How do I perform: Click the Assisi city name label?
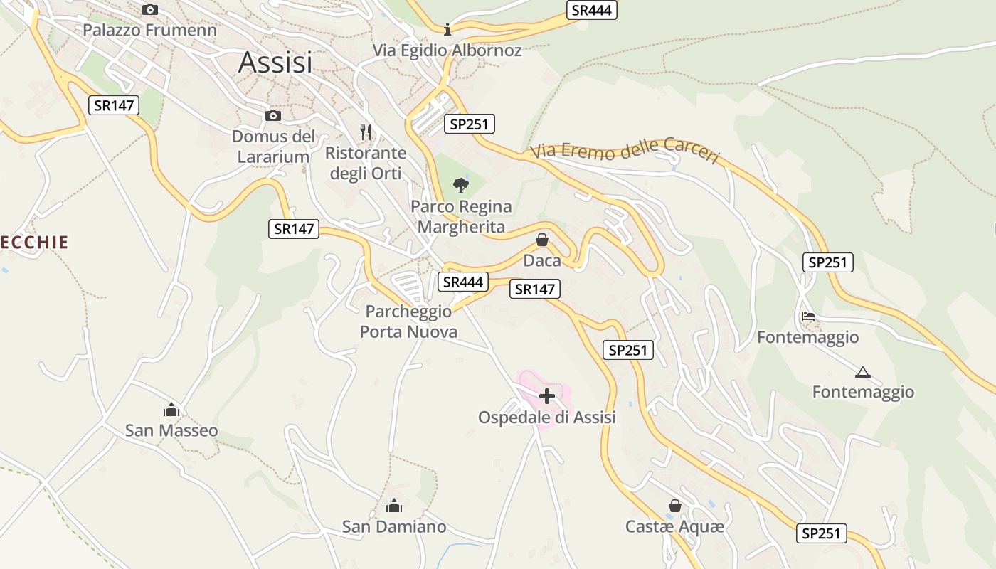(275, 63)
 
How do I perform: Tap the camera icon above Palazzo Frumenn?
(149, 9)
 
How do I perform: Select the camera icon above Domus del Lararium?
(272, 115)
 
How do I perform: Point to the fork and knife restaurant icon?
(366, 132)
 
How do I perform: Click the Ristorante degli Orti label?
(366, 163)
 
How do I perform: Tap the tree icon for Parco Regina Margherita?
(461, 186)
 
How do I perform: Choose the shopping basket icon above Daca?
(542, 240)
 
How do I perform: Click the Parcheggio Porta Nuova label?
(408, 321)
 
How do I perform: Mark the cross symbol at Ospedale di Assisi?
(547, 396)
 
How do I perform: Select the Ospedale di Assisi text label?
(546, 418)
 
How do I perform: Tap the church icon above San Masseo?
(171, 410)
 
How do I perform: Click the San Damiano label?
(394, 527)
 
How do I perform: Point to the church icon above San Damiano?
(393, 506)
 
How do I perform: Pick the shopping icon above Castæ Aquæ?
(674, 506)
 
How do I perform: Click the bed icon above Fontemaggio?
(807, 316)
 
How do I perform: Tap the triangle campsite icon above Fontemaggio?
(863, 372)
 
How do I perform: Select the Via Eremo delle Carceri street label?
(625, 151)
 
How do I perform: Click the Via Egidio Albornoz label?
(447, 50)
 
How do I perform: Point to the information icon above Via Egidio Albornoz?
(447, 29)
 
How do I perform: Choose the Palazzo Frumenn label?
(149, 30)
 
